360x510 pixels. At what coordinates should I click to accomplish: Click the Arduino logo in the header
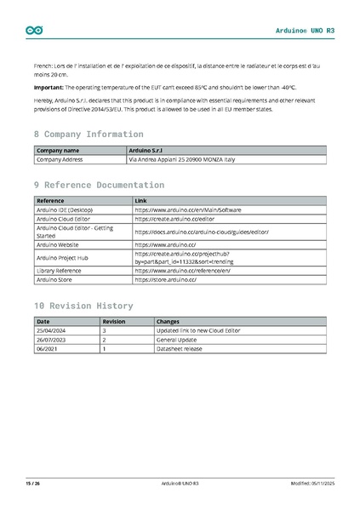(34, 31)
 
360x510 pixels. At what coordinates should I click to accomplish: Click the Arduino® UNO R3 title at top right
(306, 31)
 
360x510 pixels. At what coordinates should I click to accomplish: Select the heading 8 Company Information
(88, 135)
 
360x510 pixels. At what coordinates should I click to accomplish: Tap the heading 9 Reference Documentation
(99, 185)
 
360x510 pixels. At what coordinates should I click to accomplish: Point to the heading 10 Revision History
(83, 306)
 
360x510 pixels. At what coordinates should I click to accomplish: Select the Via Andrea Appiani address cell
(181, 159)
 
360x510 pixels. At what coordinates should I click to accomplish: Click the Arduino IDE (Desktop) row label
(65, 209)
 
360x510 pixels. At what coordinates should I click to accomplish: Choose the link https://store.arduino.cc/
(165, 279)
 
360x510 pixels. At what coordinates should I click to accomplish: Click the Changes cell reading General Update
(176, 339)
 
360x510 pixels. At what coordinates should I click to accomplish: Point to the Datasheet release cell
(180, 348)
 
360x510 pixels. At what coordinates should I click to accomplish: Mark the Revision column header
(114, 321)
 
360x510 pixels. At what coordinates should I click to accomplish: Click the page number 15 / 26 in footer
(32, 484)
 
